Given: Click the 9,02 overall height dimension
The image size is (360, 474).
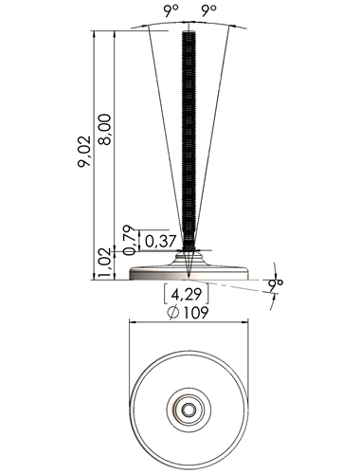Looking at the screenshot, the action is click(84, 152).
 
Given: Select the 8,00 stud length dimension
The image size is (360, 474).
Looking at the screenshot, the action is click(104, 130).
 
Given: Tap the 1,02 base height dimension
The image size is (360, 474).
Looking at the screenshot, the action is click(105, 263).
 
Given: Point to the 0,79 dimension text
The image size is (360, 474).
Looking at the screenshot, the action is click(129, 240).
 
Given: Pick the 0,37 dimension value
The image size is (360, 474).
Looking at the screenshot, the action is click(160, 242).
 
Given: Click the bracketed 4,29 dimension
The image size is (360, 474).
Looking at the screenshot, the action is click(186, 294).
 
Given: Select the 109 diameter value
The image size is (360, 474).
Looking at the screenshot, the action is click(196, 313).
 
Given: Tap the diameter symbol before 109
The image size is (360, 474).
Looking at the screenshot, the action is click(173, 313).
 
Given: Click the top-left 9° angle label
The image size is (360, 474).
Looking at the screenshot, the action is click(171, 11).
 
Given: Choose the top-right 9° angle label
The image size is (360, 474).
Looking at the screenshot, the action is click(209, 11).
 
